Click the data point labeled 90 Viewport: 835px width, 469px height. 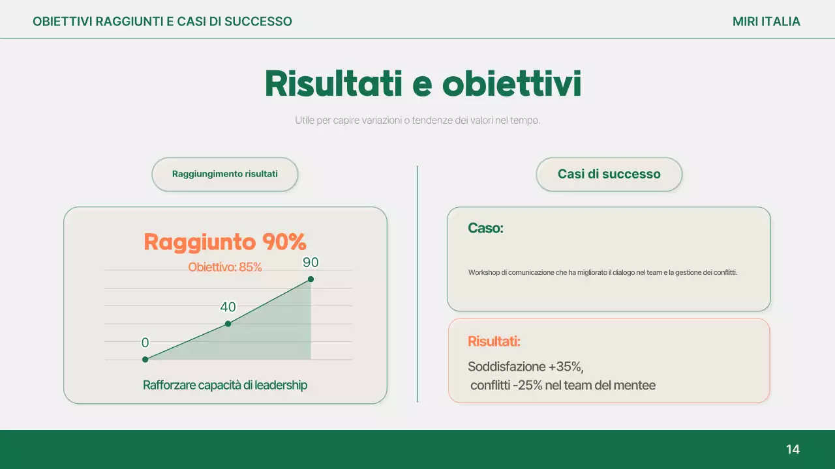[311, 279]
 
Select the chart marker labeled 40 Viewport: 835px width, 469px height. [228, 324]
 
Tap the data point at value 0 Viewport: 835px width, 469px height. [145, 359]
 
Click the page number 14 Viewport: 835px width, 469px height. [793, 449]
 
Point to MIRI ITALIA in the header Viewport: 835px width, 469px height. [766, 21]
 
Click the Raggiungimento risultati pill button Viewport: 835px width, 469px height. [225, 175]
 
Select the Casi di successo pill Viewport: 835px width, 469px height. [609, 175]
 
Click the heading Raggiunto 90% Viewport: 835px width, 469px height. [225, 242]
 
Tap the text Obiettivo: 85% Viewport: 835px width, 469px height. [225, 267]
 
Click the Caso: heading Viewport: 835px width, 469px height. [485, 229]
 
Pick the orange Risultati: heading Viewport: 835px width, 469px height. [494, 341]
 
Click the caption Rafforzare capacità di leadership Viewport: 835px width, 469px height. [225, 385]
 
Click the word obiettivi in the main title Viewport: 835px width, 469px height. [511, 84]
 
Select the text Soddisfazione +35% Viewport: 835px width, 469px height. [525, 366]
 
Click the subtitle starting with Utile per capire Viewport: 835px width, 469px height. [417, 121]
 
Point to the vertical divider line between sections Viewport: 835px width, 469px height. [417, 284]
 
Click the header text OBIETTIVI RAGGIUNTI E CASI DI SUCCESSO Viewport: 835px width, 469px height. [162, 21]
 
